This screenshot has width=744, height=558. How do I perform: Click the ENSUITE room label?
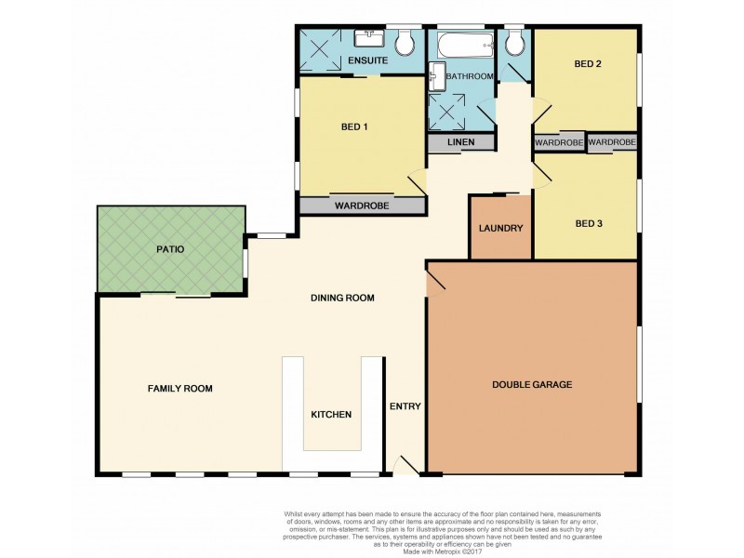[x=367, y=61]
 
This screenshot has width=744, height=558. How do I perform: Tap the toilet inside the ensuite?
[x=405, y=42]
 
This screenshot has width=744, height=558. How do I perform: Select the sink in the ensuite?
[x=372, y=36]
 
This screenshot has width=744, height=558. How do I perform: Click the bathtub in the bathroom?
[x=460, y=44]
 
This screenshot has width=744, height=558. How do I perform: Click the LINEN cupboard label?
[x=460, y=142]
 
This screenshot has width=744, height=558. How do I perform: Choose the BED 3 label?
[x=591, y=223]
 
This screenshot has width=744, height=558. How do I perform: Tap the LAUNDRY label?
[x=500, y=228]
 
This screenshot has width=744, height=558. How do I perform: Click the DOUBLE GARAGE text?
[x=531, y=384]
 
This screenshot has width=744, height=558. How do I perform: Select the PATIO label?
[x=170, y=249]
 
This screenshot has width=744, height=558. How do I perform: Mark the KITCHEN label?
[x=330, y=414]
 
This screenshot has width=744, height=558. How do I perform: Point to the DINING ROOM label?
[x=341, y=299]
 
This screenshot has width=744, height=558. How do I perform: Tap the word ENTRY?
[x=405, y=405]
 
